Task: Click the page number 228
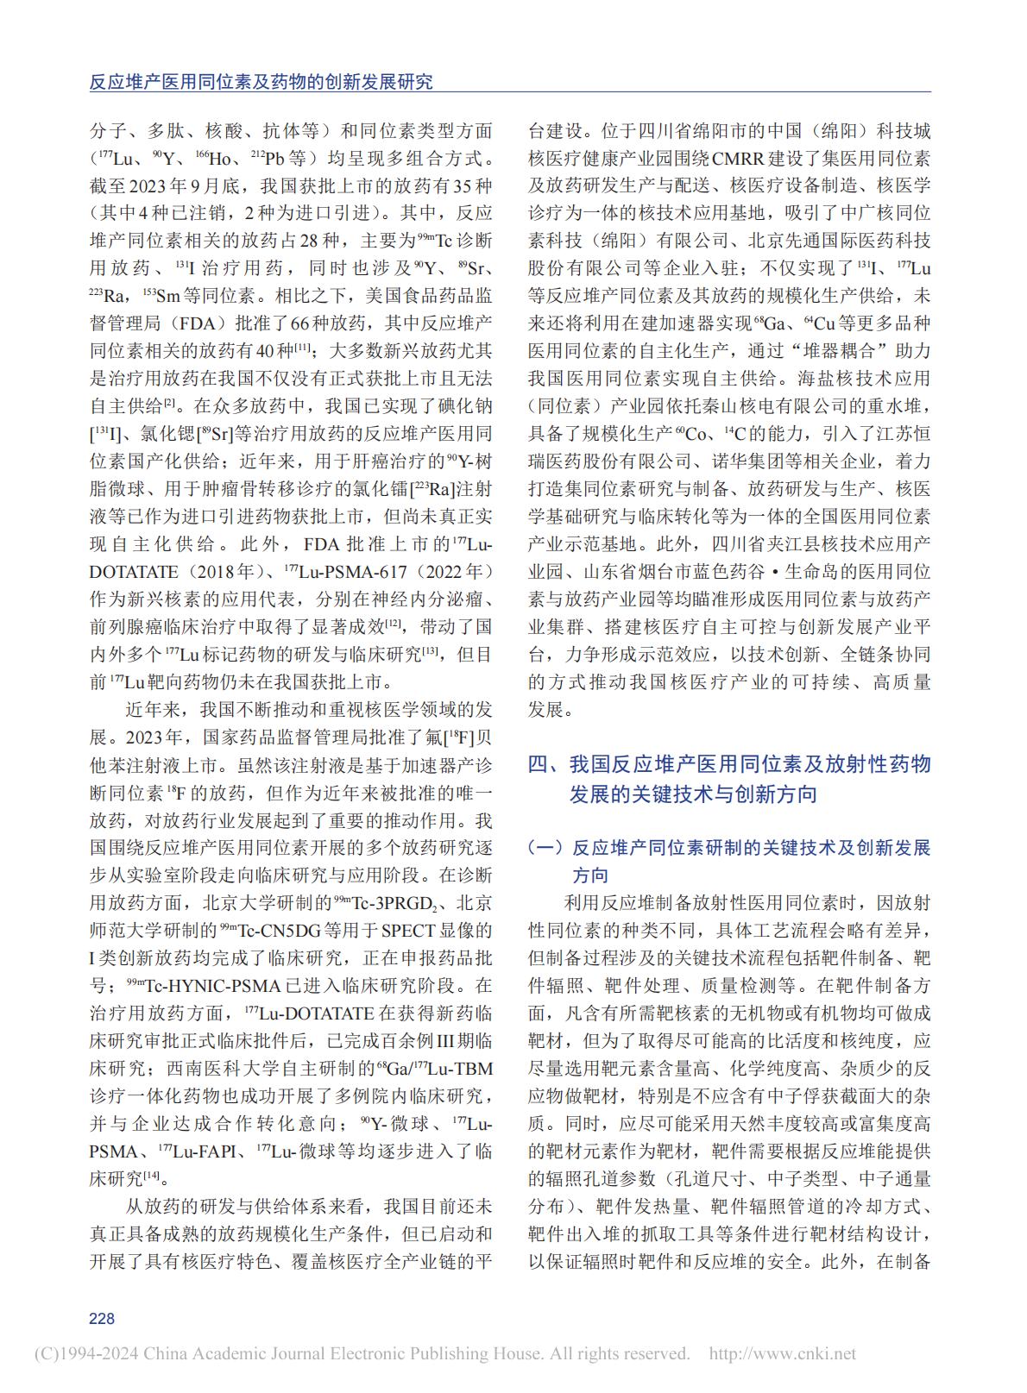(x=102, y=1318)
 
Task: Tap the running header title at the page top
(x=261, y=82)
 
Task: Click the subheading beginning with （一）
(x=729, y=861)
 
